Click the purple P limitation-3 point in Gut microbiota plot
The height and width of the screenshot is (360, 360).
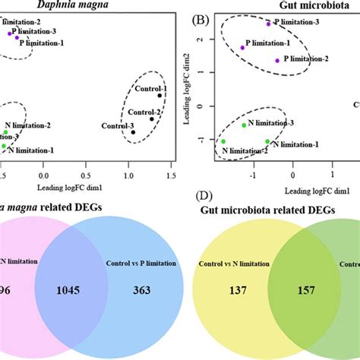[268, 24]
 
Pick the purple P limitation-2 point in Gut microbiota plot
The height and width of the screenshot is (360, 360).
[277, 61]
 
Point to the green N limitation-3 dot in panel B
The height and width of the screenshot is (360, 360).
[244, 125]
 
